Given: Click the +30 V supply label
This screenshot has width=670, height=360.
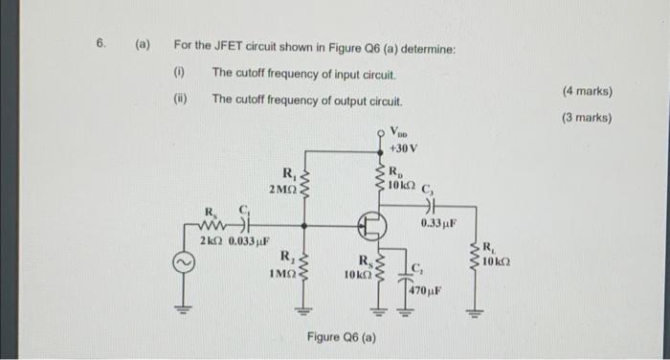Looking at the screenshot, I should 401,150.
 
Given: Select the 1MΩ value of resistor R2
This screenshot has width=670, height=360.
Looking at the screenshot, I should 282,274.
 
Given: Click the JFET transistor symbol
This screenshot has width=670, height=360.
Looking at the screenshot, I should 372,227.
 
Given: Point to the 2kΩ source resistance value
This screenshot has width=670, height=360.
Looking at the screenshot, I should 211,240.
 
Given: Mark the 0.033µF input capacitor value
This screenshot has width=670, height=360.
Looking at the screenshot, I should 247,240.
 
